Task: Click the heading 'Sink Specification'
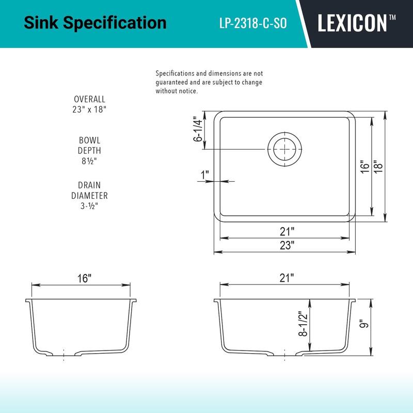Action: tap(96, 23)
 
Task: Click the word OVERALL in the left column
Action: tap(89, 99)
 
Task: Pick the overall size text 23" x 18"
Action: tap(89, 109)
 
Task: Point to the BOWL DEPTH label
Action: tap(89, 145)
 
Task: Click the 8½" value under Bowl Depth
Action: tap(89, 161)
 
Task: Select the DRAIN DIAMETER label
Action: tap(89, 190)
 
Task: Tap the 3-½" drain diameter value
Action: tap(89, 206)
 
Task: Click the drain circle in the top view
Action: tap(284, 149)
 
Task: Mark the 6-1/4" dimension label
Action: tap(197, 130)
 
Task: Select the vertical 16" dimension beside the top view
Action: tap(365, 167)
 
